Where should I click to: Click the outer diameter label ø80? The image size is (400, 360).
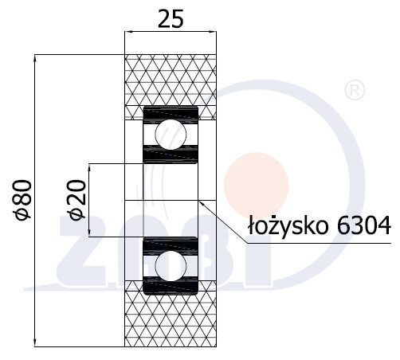[x=22, y=200]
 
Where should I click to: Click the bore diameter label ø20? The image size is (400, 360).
[x=76, y=200]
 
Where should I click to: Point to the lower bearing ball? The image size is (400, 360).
[x=170, y=264]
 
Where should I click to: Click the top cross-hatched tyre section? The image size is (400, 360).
[x=171, y=80]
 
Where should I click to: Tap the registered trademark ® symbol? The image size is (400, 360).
[x=351, y=90]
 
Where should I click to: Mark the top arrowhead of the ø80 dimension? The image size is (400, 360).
[x=37, y=58]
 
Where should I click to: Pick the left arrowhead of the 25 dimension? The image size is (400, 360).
[x=128, y=33]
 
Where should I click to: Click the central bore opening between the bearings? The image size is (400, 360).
[x=170, y=200]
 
